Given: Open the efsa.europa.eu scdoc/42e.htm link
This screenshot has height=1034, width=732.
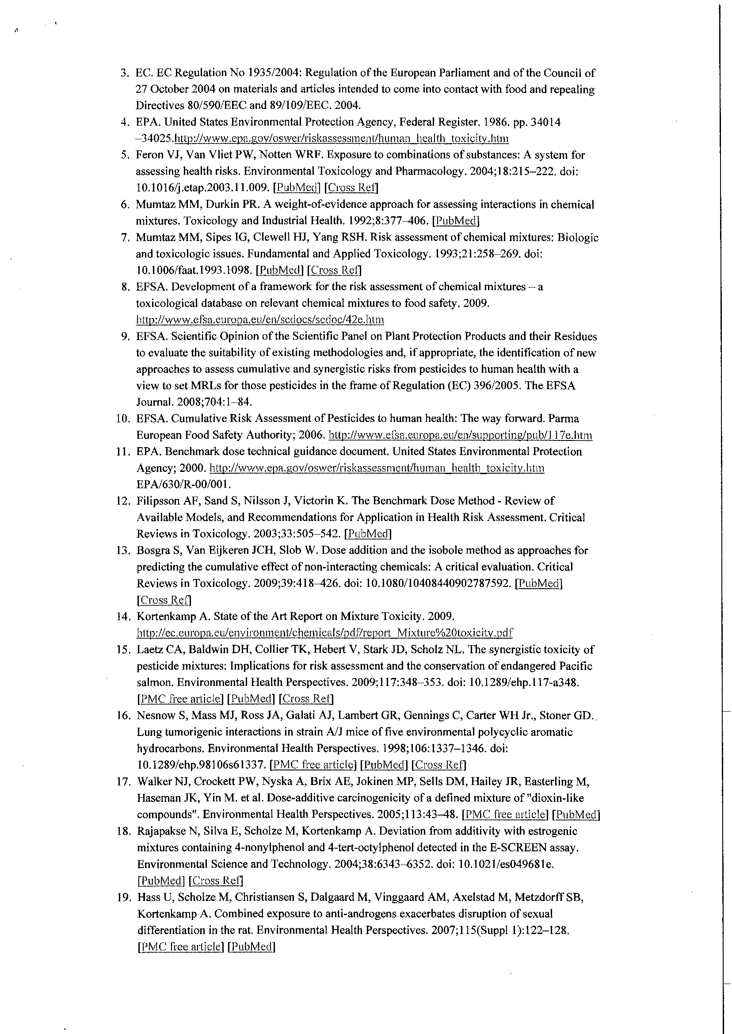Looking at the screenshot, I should (260, 320).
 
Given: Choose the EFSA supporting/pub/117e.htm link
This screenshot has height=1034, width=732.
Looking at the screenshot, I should (461, 435).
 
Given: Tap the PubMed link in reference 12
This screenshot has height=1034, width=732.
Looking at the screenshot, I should (368, 534).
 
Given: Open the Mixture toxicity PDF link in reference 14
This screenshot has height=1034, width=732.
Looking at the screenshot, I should (324, 633).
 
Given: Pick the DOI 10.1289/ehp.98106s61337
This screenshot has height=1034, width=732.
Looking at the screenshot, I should (201, 765).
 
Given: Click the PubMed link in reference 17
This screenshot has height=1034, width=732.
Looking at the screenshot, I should (576, 814).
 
